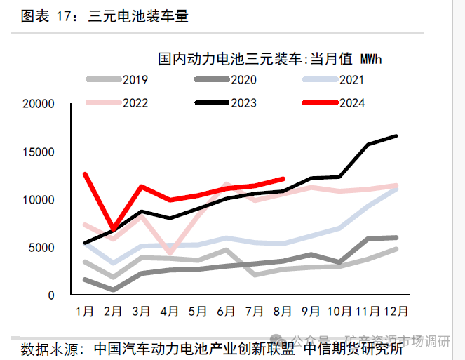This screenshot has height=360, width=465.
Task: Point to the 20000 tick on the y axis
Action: pyautogui.click(x=38, y=105)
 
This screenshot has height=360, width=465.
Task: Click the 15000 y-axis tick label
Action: pyautogui.click(x=38, y=152)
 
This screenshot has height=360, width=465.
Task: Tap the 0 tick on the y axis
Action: pyautogui.click(x=50, y=295)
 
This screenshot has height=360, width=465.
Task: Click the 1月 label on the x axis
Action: pyautogui.click(x=85, y=310)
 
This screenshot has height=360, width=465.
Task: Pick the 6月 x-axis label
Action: pyautogui.click(x=226, y=310)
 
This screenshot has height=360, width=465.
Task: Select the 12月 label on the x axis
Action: pyautogui.click(x=397, y=310)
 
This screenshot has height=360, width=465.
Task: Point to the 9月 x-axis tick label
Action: pyautogui.click(x=311, y=310)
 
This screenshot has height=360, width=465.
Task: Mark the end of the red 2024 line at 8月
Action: pyautogui.click(x=283, y=178)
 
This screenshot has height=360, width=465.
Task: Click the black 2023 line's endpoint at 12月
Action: pyautogui.click(x=396, y=135)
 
